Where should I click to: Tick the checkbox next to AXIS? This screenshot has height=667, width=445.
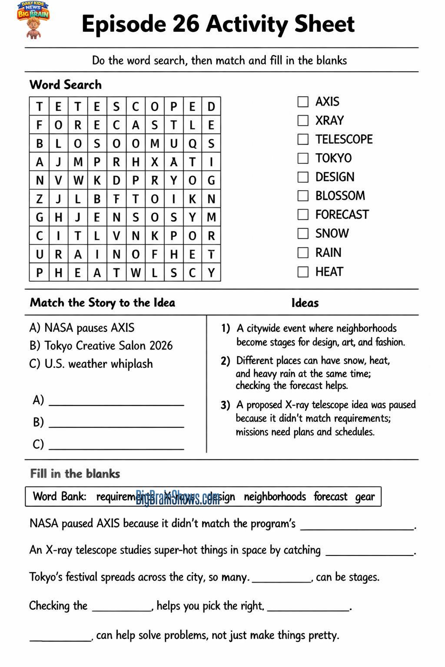tap(303, 102)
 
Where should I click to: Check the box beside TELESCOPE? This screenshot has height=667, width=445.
tap(303, 139)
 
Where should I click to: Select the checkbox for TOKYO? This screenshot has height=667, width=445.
tap(303, 158)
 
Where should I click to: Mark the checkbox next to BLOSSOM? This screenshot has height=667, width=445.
tap(303, 196)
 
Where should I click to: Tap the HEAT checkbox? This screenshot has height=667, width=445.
tap(303, 272)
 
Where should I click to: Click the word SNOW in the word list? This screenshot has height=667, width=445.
tap(332, 234)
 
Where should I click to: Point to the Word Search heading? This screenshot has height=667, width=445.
tap(66, 85)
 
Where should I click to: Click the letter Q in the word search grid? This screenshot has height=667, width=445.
tap(192, 143)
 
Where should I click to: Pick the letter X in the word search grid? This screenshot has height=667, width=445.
tap(154, 162)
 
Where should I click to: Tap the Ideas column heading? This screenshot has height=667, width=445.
tap(305, 303)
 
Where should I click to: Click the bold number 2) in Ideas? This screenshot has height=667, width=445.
tap(225, 361)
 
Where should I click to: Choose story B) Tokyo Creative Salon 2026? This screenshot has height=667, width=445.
tap(101, 346)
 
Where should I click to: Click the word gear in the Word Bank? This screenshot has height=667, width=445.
tap(365, 497)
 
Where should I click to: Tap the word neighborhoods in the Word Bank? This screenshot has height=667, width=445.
tap(275, 497)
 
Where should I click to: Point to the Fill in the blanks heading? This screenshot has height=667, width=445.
tap(75, 474)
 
